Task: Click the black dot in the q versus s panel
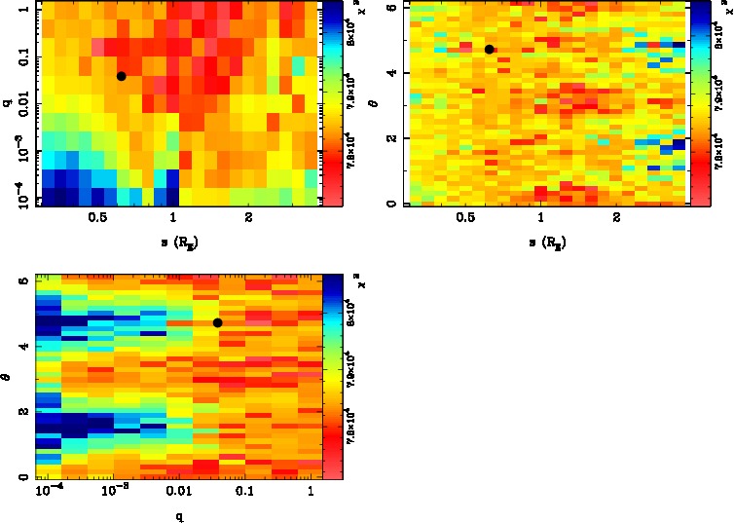pyautogui.click(x=121, y=76)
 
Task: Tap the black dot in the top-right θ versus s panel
pyautogui.click(x=490, y=49)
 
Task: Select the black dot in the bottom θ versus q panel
pyautogui.click(x=217, y=322)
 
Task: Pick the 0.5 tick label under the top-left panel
pyautogui.click(x=97, y=219)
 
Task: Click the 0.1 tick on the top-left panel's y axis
pyautogui.click(x=17, y=56)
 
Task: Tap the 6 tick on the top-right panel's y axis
pyautogui.click(x=389, y=7)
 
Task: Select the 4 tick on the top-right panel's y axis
pyautogui.click(x=389, y=72)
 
